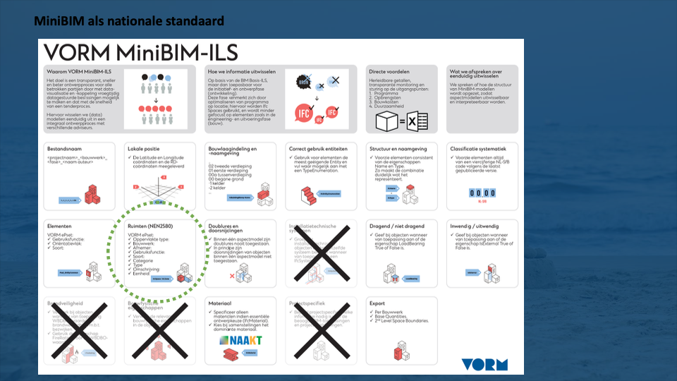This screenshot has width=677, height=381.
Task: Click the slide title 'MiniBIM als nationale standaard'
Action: coord(130,21)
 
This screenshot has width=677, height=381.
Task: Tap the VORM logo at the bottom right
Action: coord(484,364)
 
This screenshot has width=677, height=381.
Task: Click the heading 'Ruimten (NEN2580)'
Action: coord(151,226)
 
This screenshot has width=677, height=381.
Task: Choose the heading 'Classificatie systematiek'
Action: coord(477,150)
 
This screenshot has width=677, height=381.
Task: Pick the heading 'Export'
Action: coord(377,303)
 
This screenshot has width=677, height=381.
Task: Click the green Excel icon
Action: coord(417,123)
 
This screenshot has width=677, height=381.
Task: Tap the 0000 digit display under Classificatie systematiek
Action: coord(482,192)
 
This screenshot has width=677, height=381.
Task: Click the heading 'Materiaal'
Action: coord(221,303)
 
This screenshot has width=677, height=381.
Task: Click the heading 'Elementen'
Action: coord(61,226)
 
